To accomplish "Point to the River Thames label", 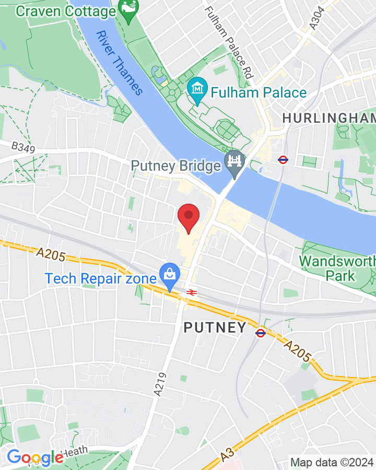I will click(119, 63).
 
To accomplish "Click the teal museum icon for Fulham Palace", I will click(197, 92).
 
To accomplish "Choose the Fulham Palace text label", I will click(258, 93).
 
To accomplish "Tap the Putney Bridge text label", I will click(176, 166).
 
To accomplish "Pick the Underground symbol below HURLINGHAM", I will click(283, 160).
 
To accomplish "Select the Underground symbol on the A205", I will click(261, 332).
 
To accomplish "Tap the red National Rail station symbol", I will click(191, 292).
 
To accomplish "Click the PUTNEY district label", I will click(215, 328).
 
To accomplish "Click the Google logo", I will click(34, 458).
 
